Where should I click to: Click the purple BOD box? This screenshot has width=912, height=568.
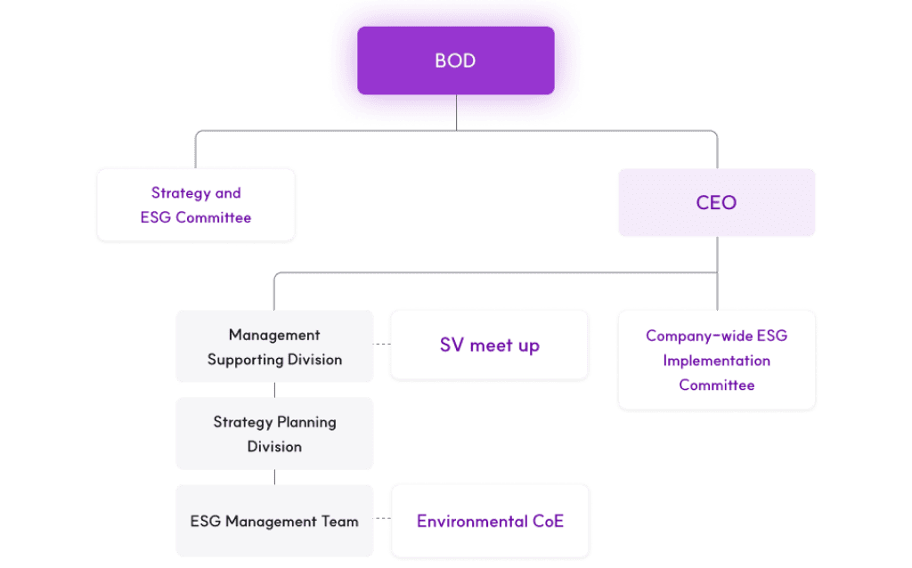pyautogui.click(x=455, y=61)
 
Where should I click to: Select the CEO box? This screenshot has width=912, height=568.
pyautogui.click(x=716, y=203)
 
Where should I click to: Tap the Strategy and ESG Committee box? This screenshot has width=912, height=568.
pyautogui.click(x=196, y=205)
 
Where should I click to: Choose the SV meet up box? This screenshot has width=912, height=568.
pyautogui.click(x=489, y=345)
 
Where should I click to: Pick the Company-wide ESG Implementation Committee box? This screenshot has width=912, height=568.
pyautogui.click(x=716, y=360)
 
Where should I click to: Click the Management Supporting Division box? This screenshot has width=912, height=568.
pyautogui.click(x=274, y=347)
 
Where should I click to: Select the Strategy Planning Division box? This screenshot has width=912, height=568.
pyautogui.click(x=274, y=434)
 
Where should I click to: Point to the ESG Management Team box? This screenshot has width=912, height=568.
pyautogui.click(x=274, y=521)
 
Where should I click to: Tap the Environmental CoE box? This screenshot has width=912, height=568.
pyautogui.click(x=490, y=521)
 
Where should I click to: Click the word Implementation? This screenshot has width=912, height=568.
pyautogui.click(x=716, y=361)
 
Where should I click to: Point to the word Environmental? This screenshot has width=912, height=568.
pyautogui.click(x=468, y=521)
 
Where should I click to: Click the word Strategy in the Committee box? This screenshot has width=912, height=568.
pyautogui.click(x=180, y=192)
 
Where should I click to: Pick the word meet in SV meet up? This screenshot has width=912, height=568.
pyautogui.click(x=493, y=345)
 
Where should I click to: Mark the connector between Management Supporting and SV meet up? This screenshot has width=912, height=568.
pyautogui.click(x=381, y=345)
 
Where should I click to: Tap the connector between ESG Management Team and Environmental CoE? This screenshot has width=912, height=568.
pyautogui.click(x=382, y=521)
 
